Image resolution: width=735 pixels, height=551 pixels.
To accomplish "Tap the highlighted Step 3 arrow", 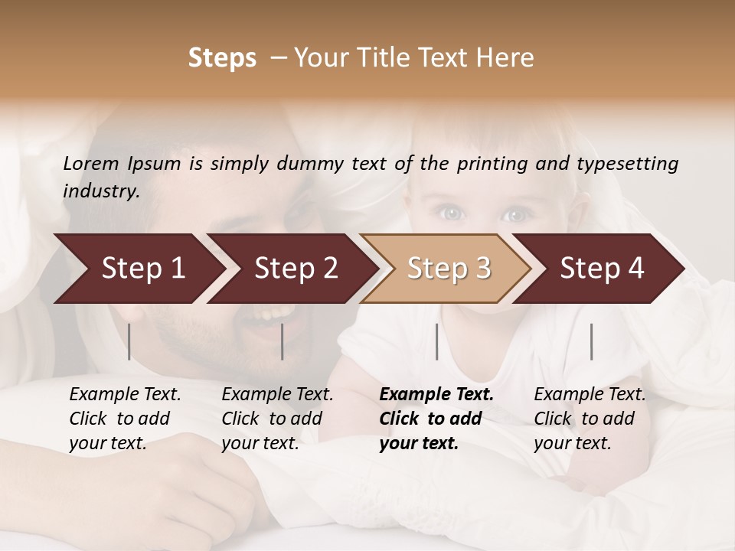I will tap(449, 269).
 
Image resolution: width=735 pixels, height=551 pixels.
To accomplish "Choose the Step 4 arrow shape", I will tap(602, 269).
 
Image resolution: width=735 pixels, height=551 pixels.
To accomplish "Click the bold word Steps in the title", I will tap(222, 58).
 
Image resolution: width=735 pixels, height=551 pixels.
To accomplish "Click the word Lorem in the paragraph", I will tap(91, 164).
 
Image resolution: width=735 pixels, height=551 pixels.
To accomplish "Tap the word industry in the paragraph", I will tap(101, 191).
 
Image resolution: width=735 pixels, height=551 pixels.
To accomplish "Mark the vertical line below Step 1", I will tap(129, 341).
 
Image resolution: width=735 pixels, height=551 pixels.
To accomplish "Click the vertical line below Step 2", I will tap(283, 341).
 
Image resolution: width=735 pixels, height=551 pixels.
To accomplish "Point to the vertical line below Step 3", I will tap(436, 341).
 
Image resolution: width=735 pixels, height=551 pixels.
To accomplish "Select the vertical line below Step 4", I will tap(591, 341).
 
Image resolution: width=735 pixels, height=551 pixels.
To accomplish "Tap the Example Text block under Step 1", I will tap(125, 419).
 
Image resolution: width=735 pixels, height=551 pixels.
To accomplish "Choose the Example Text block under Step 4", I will tap(590, 419).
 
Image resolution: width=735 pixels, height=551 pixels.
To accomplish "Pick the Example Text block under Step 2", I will tap(277, 419).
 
